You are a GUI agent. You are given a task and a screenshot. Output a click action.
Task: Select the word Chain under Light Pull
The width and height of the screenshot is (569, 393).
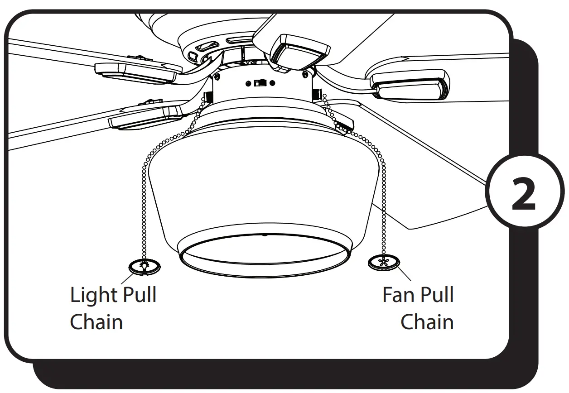[x=96, y=322]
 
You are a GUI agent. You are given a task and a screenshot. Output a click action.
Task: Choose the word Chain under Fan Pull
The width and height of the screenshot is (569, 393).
[x=427, y=322]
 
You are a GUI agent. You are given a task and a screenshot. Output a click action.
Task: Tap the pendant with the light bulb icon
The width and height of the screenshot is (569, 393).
[x=145, y=267]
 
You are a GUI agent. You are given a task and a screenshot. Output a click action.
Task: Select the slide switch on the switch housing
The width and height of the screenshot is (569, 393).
[x=260, y=83]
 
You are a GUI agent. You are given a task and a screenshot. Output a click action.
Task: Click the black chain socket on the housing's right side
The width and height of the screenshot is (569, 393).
[x=316, y=93]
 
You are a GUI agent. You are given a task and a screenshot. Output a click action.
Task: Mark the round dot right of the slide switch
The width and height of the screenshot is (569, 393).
[x=272, y=83]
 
